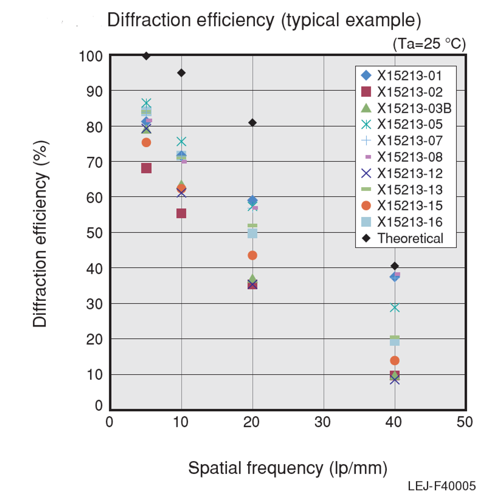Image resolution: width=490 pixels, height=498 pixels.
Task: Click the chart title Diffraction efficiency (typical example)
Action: (x=264, y=20)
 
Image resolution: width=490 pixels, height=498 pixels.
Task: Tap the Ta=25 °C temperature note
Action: (x=429, y=44)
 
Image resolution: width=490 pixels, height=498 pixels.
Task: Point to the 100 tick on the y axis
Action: (x=90, y=56)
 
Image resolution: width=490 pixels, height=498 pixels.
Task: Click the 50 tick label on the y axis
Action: (x=94, y=233)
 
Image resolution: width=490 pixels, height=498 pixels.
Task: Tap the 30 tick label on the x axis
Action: (x=323, y=422)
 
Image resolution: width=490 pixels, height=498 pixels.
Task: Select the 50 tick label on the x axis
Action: (x=465, y=422)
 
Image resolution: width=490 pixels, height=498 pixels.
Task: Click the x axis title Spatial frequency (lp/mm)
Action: (x=287, y=468)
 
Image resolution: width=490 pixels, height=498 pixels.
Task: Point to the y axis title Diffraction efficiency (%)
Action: (x=40, y=234)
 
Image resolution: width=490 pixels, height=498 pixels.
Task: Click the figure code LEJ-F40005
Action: (x=442, y=486)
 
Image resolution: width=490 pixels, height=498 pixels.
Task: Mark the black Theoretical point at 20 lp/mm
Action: (x=253, y=122)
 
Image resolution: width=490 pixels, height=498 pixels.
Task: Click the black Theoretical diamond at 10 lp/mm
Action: (x=181, y=73)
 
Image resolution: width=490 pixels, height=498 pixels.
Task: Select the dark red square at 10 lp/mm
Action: (x=181, y=213)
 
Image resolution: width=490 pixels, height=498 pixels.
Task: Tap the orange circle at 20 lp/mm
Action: (x=253, y=255)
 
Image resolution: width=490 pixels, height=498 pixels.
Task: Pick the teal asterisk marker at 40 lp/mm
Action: (x=395, y=308)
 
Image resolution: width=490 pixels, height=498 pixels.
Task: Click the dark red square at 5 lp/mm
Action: (x=146, y=168)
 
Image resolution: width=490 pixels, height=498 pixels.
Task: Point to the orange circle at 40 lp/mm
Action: (x=395, y=361)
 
